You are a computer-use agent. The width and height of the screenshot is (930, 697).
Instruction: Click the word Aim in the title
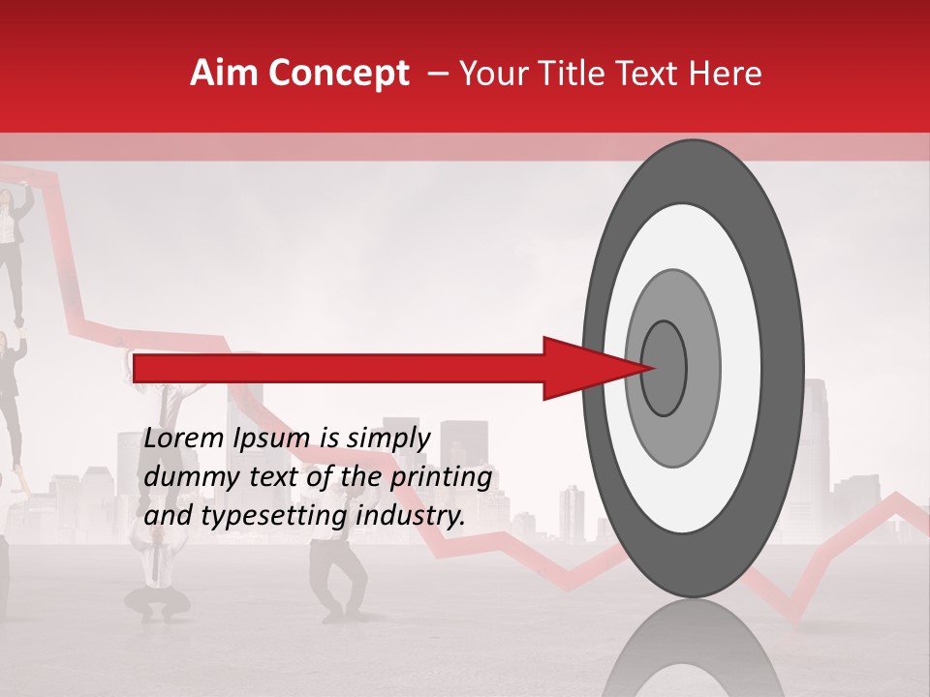[224, 74]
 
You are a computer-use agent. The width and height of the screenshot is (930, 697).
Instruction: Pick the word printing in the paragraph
[442, 478]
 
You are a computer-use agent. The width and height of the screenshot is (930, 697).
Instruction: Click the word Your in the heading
[493, 74]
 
